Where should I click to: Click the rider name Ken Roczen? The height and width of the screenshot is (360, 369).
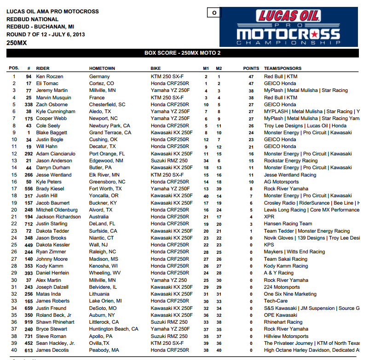point(49,76)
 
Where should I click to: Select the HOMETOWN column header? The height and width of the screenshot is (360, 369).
point(102,69)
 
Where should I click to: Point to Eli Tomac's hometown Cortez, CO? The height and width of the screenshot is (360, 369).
point(102,84)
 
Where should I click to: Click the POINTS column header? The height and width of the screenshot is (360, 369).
point(251,69)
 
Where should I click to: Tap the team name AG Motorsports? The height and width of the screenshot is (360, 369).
point(282,182)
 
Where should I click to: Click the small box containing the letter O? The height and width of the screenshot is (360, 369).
point(214,13)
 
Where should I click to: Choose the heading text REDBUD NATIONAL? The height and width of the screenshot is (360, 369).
point(32,19)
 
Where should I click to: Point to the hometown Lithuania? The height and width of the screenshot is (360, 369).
point(101,294)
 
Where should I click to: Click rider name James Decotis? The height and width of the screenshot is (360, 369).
point(52,350)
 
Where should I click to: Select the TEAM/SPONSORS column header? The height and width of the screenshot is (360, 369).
point(283,69)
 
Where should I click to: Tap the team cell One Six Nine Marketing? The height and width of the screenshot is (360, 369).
point(290,294)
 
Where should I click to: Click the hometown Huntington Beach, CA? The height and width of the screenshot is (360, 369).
point(114,329)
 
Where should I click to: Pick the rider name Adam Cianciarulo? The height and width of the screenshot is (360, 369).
point(56,154)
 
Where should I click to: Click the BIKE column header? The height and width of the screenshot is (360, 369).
point(156,69)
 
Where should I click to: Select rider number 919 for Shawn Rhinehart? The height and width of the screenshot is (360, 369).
point(28,322)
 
